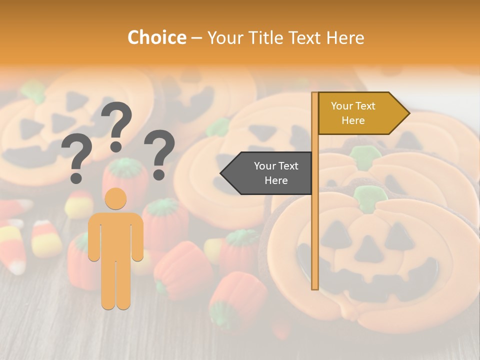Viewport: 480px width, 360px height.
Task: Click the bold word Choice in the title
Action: pos(156,37)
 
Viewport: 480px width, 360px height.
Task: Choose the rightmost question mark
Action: pos(159,153)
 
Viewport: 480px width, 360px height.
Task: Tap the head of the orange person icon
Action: pos(116,198)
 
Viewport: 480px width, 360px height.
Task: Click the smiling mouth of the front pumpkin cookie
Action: pos(372,287)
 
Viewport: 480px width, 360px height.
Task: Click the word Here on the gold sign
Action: pos(353,120)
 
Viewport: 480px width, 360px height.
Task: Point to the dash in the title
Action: pos(196,38)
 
